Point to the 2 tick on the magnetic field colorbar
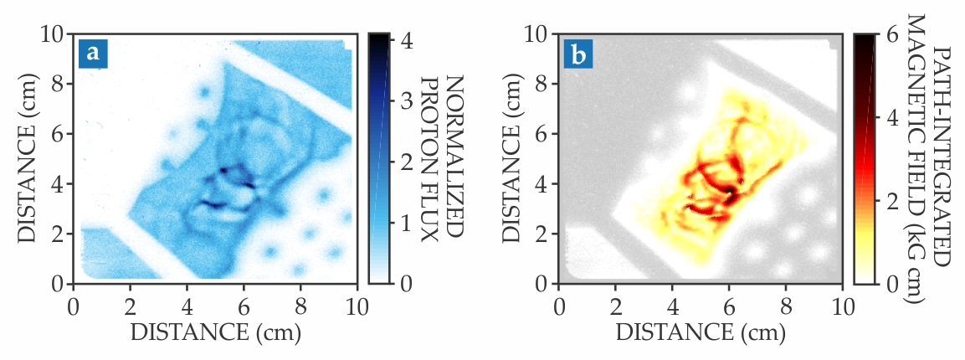(890, 201)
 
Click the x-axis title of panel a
(215, 331)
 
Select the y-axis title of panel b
(512, 159)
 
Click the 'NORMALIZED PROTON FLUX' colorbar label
(442, 159)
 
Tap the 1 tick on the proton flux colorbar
(405, 224)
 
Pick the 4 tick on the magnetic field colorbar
(890, 117)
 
